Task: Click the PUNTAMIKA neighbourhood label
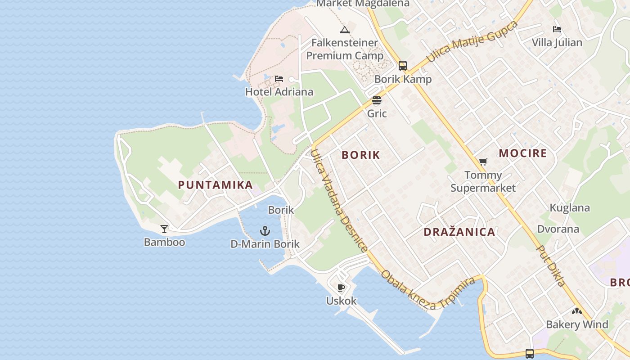(215, 185)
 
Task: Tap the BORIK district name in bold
(361, 155)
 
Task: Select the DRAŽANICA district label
(459, 232)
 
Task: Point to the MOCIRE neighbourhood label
(523, 153)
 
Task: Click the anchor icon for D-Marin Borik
(265, 231)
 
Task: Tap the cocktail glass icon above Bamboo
(164, 229)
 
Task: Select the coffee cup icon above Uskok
(341, 288)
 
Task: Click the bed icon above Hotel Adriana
(279, 79)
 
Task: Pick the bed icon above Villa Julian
(557, 30)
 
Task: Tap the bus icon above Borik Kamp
(403, 66)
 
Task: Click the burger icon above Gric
(377, 100)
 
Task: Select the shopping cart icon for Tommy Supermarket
(483, 162)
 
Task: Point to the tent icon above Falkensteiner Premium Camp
(345, 30)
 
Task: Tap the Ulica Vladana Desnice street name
(338, 200)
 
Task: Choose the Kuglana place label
(570, 208)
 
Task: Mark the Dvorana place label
(558, 229)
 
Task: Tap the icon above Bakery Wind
(577, 311)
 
